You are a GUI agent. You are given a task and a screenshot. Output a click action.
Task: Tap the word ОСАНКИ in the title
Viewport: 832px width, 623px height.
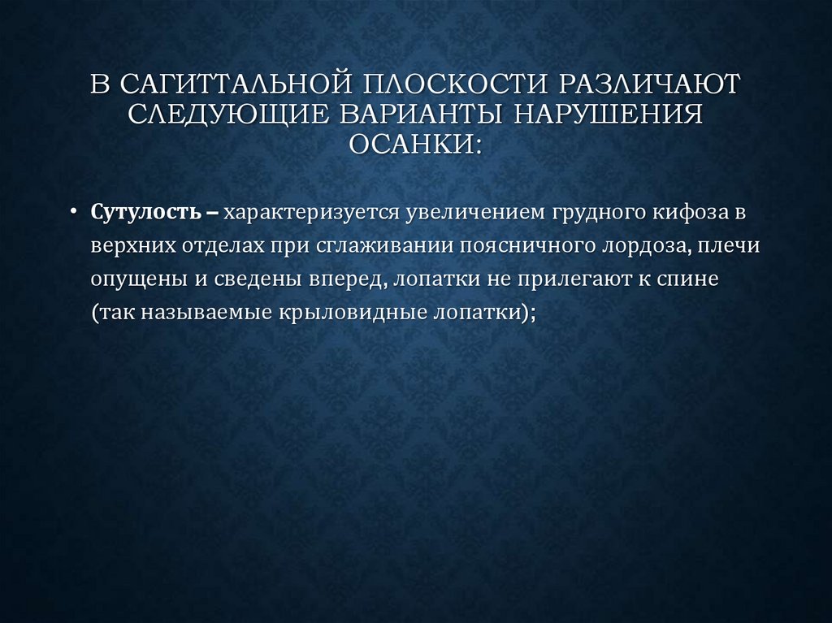coord(411,145)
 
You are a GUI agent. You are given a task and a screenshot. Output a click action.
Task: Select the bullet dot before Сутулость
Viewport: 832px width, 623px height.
coord(74,213)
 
